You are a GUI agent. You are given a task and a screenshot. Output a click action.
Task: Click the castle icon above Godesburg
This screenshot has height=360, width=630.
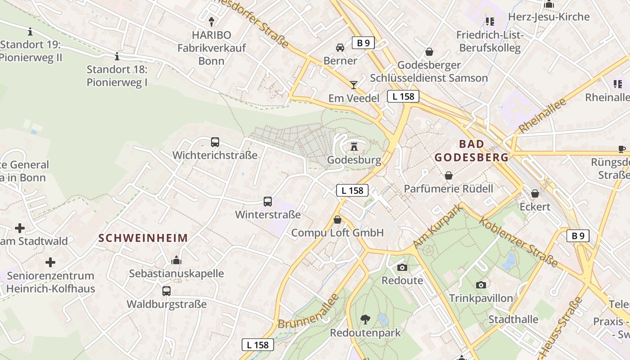click(x=354, y=146)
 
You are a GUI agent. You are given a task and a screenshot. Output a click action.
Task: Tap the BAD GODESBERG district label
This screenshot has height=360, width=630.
click(x=472, y=151)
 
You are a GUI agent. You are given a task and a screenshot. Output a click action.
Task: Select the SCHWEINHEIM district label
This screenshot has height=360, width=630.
click(x=143, y=238)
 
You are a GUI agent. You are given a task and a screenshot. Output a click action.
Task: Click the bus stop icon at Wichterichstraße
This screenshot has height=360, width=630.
click(x=215, y=142)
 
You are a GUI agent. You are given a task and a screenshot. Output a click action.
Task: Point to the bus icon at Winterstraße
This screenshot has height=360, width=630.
click(x=268, y=201)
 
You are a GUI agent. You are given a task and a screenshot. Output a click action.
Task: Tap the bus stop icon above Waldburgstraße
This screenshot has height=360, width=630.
click(x=166, y=291)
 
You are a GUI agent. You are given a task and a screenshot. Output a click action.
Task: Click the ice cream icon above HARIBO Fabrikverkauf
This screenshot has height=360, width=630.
click(x=211, y=21)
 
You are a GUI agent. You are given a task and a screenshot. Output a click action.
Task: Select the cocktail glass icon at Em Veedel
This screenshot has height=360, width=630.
click(x=354, y=85)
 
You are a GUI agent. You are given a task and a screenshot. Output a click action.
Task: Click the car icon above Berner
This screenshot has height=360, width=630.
click(x=340, y=47)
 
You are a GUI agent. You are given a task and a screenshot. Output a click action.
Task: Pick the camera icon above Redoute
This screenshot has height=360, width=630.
click(x=402, y=267)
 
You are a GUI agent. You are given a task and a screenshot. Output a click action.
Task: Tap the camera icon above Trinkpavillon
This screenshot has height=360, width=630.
click(x=481, y=285)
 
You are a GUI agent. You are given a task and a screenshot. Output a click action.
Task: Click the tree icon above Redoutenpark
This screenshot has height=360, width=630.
click(x=365, y=319)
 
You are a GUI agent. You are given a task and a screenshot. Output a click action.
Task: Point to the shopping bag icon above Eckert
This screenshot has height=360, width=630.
click(x=535, y=193)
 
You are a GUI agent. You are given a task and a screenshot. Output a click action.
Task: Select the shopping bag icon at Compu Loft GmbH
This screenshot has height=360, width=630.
click(x=337, y=220)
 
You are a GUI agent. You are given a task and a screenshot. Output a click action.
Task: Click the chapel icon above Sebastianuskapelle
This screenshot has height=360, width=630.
click(x=176, y=260)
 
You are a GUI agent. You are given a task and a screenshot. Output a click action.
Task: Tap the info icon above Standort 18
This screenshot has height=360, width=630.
click(x=117, y=56)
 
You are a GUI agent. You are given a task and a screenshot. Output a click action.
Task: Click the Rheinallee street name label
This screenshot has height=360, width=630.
click(x=542, y=115)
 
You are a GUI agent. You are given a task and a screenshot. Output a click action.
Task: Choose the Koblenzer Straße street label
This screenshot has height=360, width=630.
click(x=518, y=242)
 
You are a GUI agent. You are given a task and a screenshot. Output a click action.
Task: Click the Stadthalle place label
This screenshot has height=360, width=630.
click(x=513, y=319)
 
